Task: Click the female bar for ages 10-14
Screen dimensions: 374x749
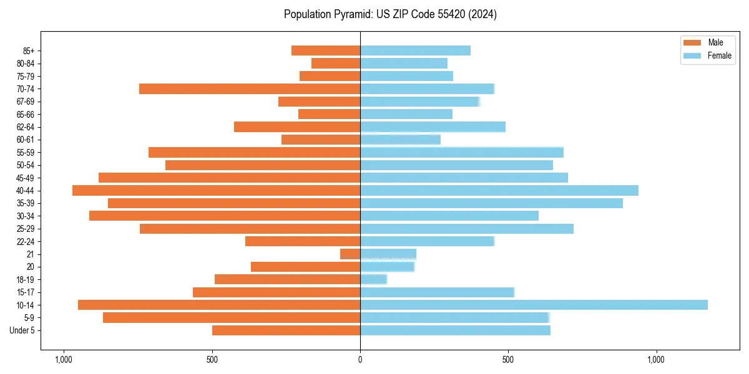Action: (x=534, y=305)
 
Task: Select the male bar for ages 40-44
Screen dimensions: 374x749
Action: (x=217, y=190)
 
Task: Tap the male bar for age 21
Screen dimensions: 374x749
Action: (x=350, y=254)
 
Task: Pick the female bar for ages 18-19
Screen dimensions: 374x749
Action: (x=373, y=279)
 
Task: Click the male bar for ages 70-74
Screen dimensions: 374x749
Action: (x=250, y=89)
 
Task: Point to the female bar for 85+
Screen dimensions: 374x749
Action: (x=415, y=50)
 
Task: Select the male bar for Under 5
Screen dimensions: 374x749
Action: (x=286, y=330)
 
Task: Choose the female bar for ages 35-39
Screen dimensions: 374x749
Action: (x=491, y=203)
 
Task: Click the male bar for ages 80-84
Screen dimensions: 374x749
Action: (x=336, y=63)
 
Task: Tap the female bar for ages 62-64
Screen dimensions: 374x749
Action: (x=433, y=127)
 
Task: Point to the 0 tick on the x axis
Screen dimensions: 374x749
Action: (x=360, y=360)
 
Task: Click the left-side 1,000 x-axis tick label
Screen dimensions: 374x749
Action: (x=63, y=360)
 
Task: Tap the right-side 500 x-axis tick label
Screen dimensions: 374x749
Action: (x=508, y=360)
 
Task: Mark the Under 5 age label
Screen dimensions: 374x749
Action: (x=22, y=330)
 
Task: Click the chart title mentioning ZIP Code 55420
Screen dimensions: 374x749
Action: (x=390, y=14)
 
